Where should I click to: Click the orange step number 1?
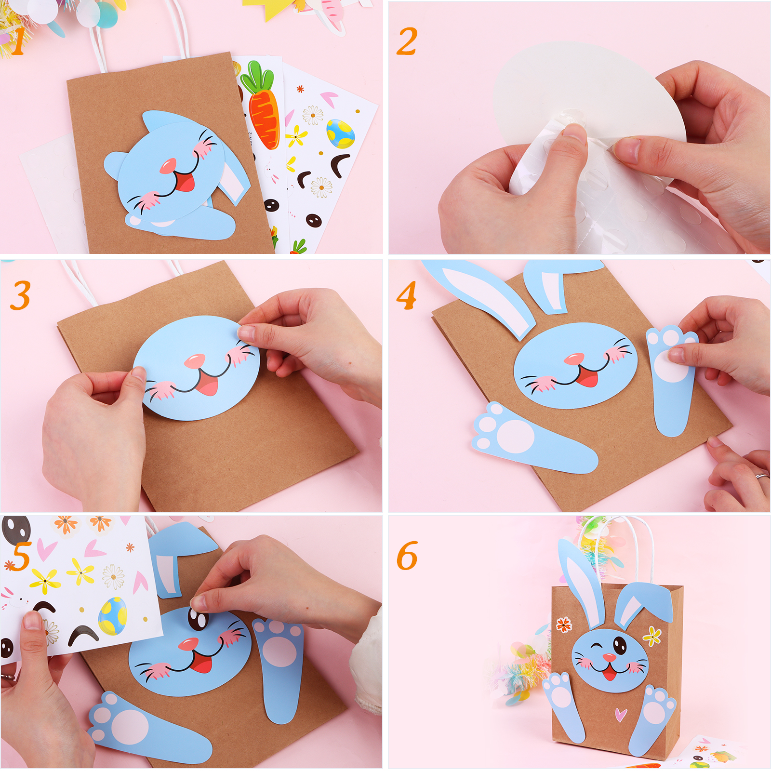[x=18, y=40]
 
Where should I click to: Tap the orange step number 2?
[x=407, y=41]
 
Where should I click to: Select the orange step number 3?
[x=21, y=295]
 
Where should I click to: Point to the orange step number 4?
[x=407, y=295]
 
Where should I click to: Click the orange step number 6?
[x=407, y=555]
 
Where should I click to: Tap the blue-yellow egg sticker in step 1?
[x=340, y=133]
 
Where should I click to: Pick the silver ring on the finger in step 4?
[x=762, y=476]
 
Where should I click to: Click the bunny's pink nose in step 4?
[x=574, y=359]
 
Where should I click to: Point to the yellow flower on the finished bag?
[x=652, y=636]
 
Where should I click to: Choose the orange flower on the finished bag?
[x=564, y=625]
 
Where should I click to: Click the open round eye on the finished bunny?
[x=620, y=645]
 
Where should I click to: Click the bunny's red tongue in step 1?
[x=185, y=183]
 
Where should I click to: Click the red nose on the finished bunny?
[x=609, y=657]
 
